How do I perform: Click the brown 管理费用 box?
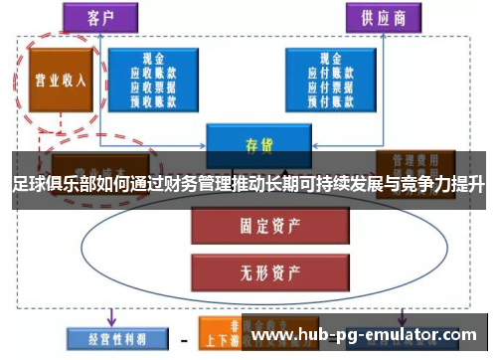point(415,161)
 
